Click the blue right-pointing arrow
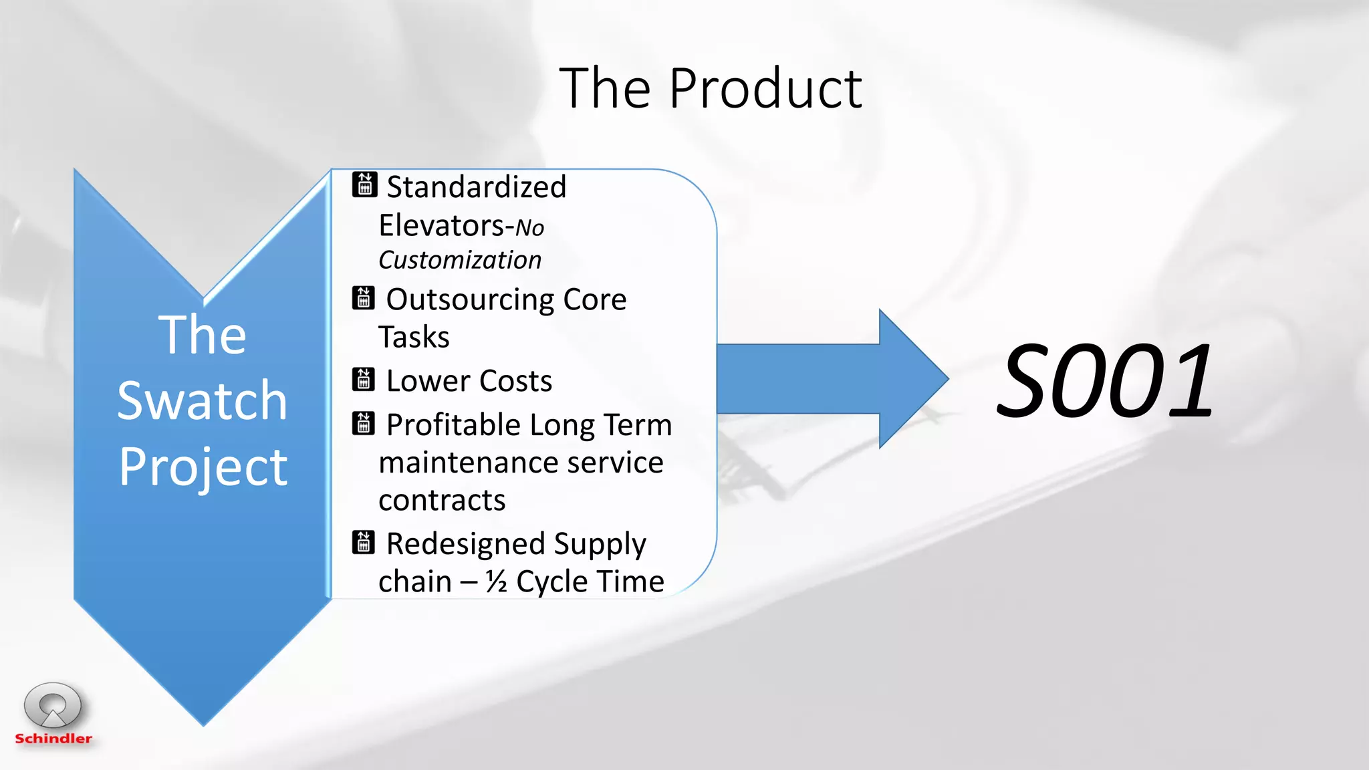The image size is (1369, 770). click(832, 379)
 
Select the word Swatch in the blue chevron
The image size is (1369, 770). click(202, 401)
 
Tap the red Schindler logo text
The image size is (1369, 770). click(53, 739)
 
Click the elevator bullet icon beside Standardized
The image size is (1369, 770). click(364, 184)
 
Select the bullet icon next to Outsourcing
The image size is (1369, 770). click(363, 298)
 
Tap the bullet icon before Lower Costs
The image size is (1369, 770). click(363, 379)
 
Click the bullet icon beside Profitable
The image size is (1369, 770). click(363, 423)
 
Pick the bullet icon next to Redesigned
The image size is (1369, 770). click(363, 542)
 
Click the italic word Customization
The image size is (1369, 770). click(460, 261)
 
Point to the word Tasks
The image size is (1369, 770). click(414, 337)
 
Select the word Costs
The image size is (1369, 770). click(515, 381)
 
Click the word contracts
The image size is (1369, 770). click(442, 501)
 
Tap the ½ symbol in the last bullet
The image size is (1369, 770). click(496, 582)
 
